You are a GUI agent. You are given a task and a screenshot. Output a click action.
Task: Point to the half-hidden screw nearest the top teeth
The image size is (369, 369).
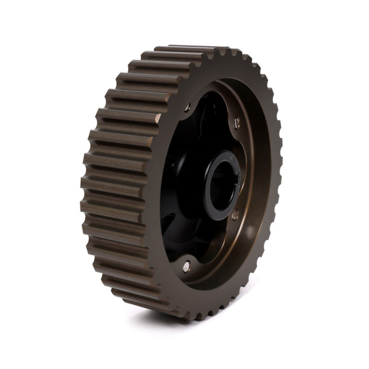pyautogui.click(x=188, y=108)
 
